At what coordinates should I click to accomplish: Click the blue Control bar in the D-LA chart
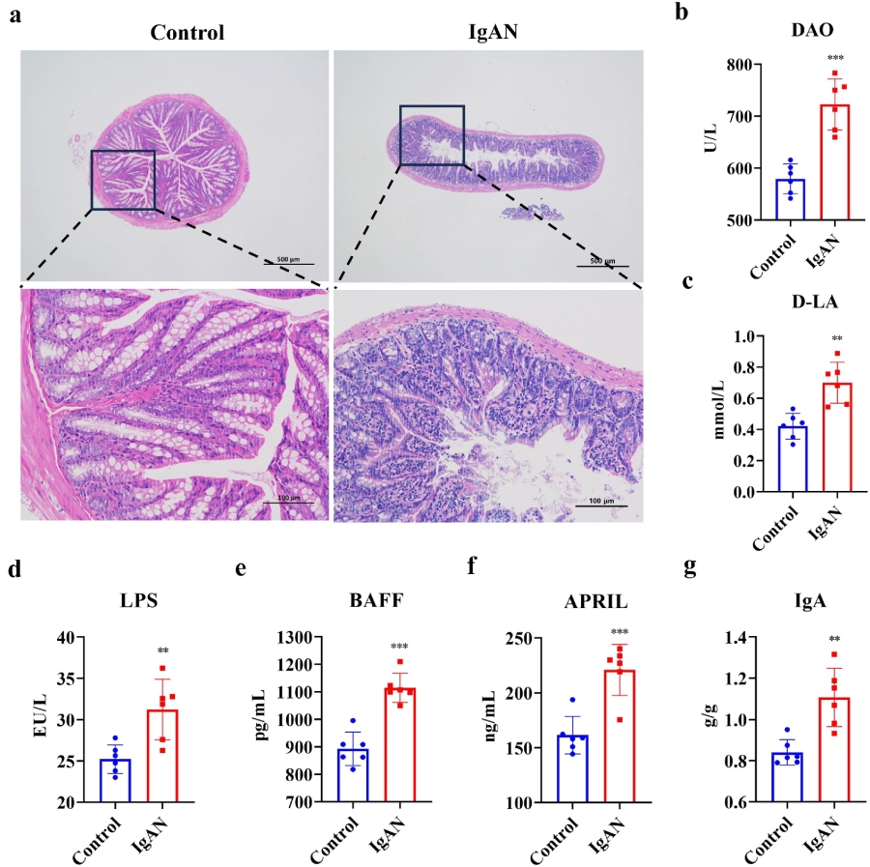tap(790, 459)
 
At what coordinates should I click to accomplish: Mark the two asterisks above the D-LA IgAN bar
tap(836, 339)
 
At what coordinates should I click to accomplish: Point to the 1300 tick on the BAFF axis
tap(331, 637)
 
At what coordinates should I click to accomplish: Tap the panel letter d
tap(14, 568)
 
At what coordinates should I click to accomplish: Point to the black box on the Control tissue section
tap(123, 180)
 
